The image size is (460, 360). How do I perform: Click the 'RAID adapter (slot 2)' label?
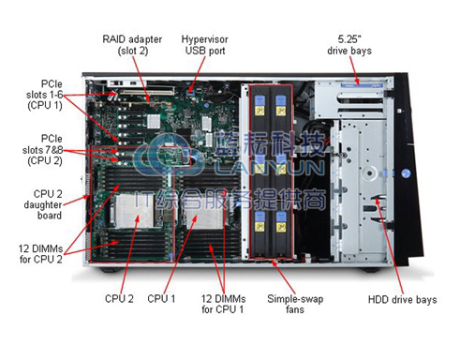click(132, 45)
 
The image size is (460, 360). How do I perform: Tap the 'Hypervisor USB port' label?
click(205, 45)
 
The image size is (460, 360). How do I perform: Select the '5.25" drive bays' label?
click(349, 45)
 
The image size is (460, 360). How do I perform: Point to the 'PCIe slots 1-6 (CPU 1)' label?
click(44, 95)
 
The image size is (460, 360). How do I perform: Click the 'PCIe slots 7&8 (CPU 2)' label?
click(42, 149)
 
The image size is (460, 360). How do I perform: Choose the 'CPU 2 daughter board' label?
click(43, 204)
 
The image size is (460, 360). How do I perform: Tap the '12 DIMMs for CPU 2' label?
click(40, 254)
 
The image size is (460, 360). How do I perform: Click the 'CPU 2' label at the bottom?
click(119, 299)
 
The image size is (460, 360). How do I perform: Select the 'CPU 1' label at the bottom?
click(161, 299)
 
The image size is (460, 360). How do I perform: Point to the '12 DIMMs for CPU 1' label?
click(223, 304)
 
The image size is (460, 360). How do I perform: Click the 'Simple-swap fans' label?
click(295, 304)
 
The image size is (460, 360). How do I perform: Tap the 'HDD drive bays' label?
click(402, 299)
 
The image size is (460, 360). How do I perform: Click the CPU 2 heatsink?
click(133, 210)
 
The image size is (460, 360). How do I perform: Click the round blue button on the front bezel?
click(406, 173)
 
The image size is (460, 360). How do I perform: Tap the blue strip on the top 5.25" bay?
click(362, 85)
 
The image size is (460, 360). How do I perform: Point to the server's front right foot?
click(371, 269)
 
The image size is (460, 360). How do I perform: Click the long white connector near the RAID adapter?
click(148, 91)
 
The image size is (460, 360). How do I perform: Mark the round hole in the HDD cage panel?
click(370, 172)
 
